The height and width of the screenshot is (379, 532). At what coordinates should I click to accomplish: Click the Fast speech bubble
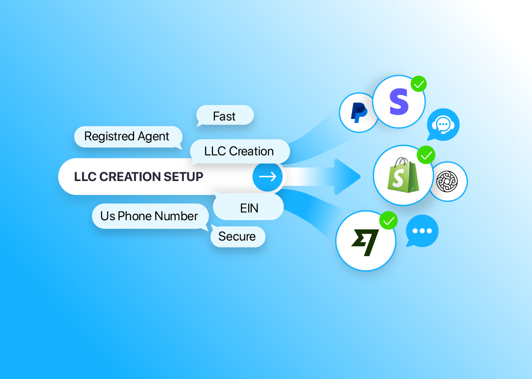click(225, 116)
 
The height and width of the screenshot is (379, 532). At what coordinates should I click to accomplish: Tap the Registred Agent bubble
click(128, 136)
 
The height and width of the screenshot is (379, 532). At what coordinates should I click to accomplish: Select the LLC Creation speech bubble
click(240, 152)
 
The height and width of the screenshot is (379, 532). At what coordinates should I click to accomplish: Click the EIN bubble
click(249, 207)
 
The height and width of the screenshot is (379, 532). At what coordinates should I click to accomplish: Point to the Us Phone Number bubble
click(150, 216)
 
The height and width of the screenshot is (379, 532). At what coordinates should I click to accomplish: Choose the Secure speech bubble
click(238, 237)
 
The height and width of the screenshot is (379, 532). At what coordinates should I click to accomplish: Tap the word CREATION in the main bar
click(129, 177)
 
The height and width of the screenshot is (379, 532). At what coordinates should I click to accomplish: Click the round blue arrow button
click(268, 177)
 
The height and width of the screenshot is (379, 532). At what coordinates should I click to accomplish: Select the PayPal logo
click(359, 112)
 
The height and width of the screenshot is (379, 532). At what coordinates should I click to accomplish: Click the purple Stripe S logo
click(399, 102)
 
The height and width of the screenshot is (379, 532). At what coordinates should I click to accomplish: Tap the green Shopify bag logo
click(403, 175)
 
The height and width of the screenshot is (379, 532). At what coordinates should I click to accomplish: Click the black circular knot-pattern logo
click(447, 182)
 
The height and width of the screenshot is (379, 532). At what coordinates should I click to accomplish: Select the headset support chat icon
click(443, 124)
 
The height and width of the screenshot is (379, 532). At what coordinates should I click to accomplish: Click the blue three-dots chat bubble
click(422, 231)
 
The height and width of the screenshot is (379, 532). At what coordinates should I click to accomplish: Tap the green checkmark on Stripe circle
click(419, 84)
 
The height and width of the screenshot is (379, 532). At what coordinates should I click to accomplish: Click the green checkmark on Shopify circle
click(426, 155)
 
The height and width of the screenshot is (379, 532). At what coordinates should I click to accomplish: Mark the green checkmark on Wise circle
click(389, 221)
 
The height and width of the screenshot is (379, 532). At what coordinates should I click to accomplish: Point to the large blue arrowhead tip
click(360, 177)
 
